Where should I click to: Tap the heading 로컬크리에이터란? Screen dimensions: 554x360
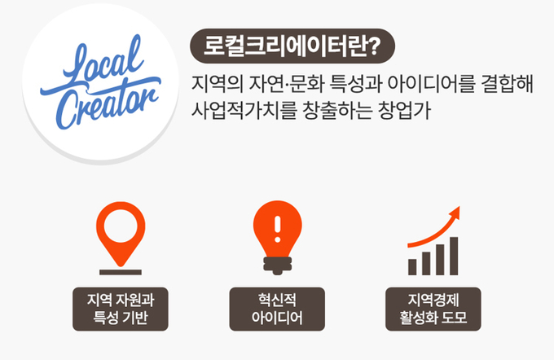(x=292, y=46)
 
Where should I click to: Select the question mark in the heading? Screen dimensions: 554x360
(x=374, y=46)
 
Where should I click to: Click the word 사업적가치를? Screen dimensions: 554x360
(x=244, y=110)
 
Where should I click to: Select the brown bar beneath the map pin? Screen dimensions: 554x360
(x=121, y=272)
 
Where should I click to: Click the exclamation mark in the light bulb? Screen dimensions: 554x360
(x=277, y=229)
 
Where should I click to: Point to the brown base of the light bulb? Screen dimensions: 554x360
(x=277, y=266)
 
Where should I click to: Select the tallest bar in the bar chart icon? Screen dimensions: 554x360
(x=454, y=256)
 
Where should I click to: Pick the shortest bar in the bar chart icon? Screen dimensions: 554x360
(x=412, y=267)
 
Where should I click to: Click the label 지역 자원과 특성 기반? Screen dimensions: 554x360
(x=121, y=310)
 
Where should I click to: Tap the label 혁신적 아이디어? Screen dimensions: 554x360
(x=277, y=310)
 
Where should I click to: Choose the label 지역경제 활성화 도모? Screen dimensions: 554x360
(x=433, y=310)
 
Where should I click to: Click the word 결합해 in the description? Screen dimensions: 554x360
(x=508, y=84)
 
